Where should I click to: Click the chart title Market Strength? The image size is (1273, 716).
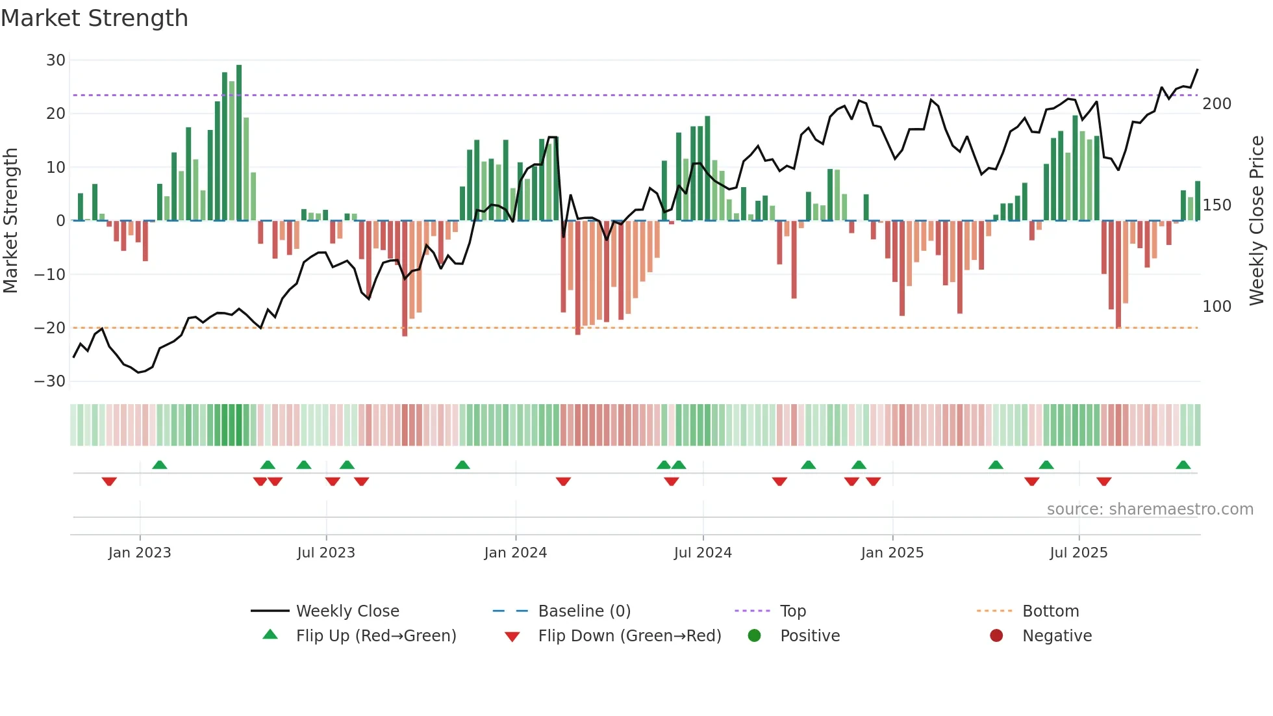[94, 18]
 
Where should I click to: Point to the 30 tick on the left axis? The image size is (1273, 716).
[56, 60]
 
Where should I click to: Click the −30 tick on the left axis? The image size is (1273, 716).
[50, 381]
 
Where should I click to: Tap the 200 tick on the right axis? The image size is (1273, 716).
[1216, 104]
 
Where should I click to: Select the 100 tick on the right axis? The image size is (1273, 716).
[1216, 307]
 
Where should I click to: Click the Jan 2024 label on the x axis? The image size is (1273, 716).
[515, 553]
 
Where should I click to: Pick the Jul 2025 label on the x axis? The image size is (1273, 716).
[1078, 553]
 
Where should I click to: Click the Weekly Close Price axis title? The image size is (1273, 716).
[1257, 221]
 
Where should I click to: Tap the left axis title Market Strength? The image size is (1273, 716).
[10, 221]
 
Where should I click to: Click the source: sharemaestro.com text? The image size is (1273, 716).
[1150, 509]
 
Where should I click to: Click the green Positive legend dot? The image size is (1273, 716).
[754, 636]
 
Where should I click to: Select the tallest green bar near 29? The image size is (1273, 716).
[239, 143]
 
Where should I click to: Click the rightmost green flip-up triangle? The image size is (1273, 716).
[1183, 465]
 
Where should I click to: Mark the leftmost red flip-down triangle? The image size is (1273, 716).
[109, 481]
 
